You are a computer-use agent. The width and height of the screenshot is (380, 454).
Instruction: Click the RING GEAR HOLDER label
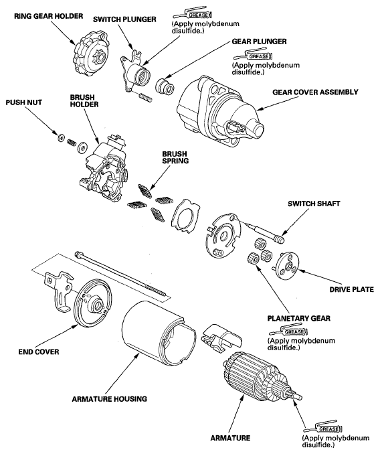coord(49,16)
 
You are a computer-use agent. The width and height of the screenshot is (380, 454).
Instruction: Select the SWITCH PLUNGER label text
coord(124,19)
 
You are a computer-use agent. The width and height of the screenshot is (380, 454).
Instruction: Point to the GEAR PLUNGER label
coord(259,42)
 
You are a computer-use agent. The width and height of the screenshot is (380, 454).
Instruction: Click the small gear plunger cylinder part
coord(165,86)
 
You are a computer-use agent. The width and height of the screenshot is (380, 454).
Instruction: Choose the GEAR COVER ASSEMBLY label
coord(315,92)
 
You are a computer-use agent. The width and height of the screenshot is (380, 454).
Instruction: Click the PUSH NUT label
coord(23,102)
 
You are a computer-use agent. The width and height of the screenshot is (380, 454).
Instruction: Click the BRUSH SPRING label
coord(175,157)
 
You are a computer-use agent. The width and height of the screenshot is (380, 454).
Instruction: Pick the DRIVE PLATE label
coord(351,289)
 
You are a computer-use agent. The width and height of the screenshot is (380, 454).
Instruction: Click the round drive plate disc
coord(287,264)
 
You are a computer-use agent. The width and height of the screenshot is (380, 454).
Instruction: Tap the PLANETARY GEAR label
coord(299,319)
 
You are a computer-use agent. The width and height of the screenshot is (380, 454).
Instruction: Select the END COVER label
coord(38,352)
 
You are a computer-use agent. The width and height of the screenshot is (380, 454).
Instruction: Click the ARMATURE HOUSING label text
coord(109,399)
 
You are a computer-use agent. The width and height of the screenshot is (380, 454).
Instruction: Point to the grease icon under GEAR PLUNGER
coord(254,55)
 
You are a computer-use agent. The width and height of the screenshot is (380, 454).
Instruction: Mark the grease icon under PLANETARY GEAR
coord(288,331)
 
